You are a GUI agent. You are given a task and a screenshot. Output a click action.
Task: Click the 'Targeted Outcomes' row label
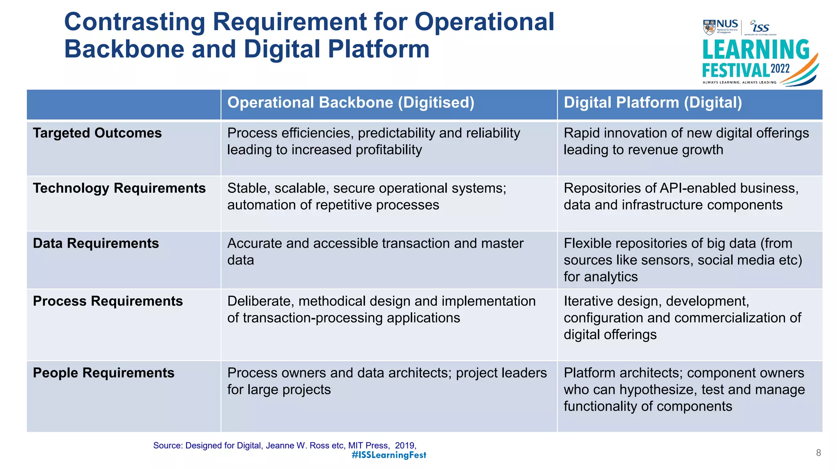click(97, 133)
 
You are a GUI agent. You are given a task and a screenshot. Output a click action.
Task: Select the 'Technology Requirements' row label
click(119, 188)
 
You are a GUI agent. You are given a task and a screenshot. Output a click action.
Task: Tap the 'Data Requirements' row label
click(96, 244)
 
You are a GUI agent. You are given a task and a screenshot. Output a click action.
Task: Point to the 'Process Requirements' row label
click(108, 302)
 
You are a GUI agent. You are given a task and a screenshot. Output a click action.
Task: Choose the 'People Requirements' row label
click(104, 373)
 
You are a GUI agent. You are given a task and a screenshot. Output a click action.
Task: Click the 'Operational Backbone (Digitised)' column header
click(351, 103)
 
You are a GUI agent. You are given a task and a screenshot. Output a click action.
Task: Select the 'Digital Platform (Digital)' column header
click(653, 103)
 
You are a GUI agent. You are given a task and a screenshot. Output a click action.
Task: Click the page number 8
click(818, 453)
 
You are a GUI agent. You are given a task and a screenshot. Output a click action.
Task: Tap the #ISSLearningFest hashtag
click(389, 455)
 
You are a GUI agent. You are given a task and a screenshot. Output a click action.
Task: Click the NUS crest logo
click(709, 27)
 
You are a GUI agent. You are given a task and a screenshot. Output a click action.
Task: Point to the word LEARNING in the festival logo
click(756, 50)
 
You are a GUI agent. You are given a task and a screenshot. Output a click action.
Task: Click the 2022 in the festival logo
click(780, 69)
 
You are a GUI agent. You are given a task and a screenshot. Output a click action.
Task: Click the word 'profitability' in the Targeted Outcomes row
click(389, 150)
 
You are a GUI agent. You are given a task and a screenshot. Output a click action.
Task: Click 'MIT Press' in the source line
click(367, 446)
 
